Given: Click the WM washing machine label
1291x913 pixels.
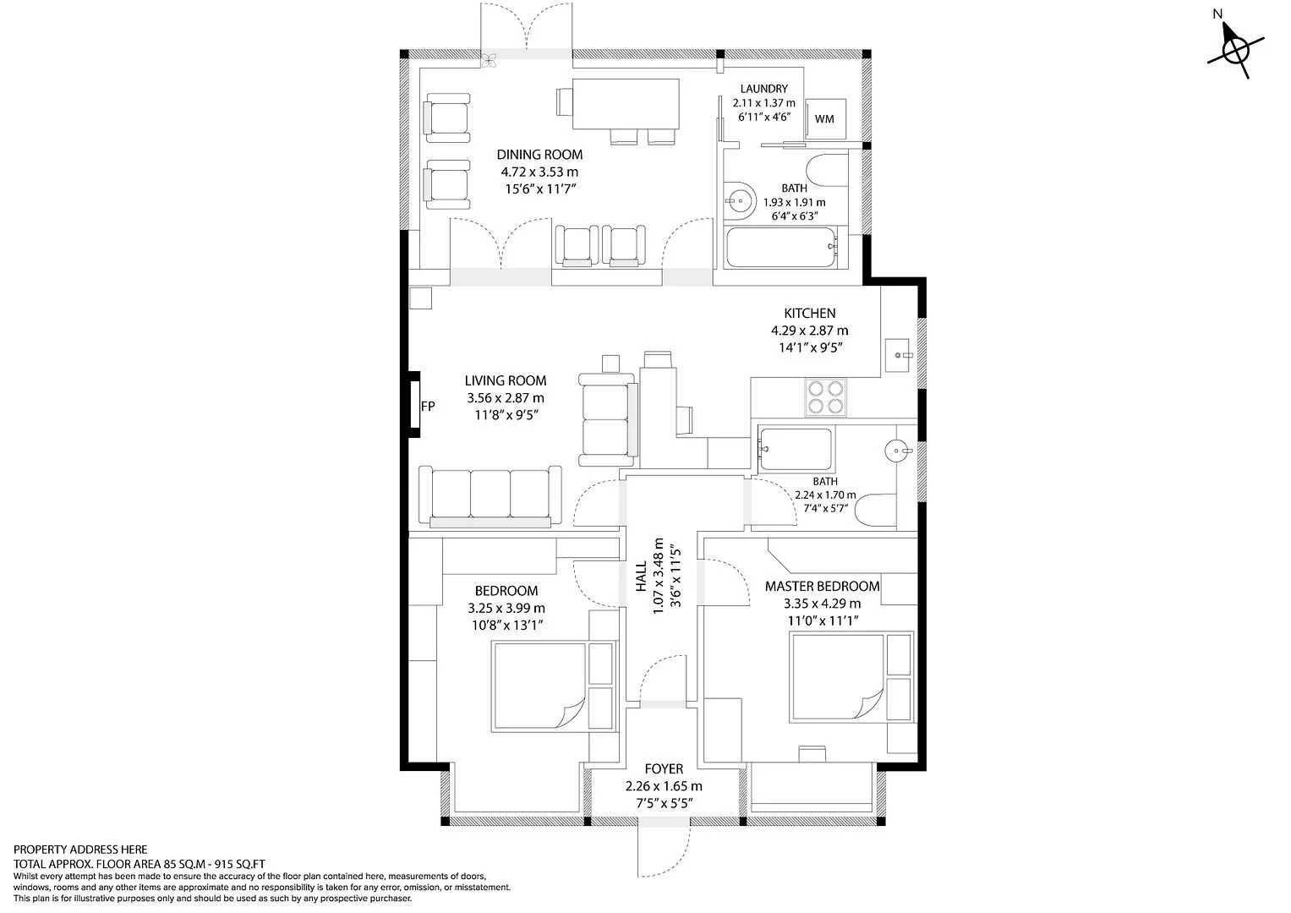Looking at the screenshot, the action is click(824, 118).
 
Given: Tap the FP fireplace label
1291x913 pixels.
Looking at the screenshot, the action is click(428, 407).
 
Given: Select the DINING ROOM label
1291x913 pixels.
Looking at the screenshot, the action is click(539, 155).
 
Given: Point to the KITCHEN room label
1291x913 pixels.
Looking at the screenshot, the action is click(810, 313).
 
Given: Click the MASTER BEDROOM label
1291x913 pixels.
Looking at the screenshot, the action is click(823, 586).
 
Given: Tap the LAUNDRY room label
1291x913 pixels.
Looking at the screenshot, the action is click(763, 89).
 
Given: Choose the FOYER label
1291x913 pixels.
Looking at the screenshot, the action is click(664, 768).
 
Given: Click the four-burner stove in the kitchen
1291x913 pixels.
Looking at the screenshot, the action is click(826, 397).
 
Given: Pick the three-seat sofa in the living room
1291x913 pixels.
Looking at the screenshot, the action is click(490, 496).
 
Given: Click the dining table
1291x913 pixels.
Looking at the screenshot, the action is click(626, 104).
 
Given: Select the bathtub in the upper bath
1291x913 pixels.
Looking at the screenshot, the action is click(781, 247).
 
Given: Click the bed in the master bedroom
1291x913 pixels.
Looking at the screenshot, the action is click(851, 676).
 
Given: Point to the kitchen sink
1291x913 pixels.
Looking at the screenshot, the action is click(897, 355).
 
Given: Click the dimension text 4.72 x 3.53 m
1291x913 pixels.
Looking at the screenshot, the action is click(539, 172).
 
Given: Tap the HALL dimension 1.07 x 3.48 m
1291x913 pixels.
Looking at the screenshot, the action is click(658, 577).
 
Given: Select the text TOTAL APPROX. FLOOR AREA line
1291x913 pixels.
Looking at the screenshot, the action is click(139, 864).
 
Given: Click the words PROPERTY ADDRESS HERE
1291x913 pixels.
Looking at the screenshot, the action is click(80, 850).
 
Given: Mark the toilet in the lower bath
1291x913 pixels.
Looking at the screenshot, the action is click(875, 510).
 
